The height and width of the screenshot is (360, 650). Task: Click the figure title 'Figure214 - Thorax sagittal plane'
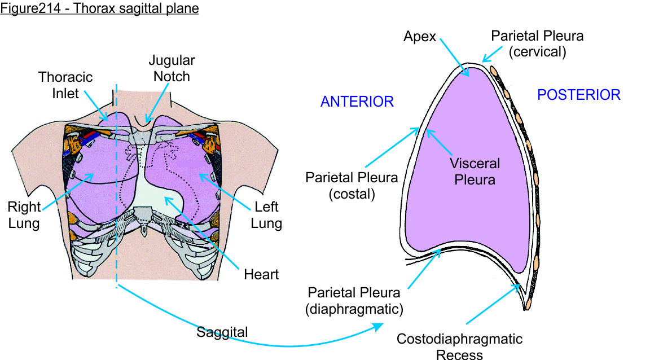click(x=99, y=10)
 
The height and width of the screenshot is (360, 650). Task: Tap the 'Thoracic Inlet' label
click(x=65, y=85)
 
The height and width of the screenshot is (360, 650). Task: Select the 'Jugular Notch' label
click(x=172, y=68)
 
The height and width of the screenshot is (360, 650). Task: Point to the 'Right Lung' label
click(x=24, y=214)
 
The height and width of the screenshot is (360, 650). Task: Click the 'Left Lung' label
click(x=266, y=215)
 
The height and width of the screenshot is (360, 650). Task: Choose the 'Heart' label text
click(x=261, y=275)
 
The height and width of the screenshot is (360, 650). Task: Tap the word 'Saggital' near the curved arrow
click(x=222, y=332)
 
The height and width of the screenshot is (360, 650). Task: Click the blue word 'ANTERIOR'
click(x=357, y=102)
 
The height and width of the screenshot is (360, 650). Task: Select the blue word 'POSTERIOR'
click(x=578, y=95)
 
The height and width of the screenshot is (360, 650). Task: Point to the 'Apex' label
click(x=419, y=37)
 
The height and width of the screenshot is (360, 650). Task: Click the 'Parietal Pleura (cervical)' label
click(x=537, y=43)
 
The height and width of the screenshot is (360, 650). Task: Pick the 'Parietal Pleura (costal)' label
click(x=352, y=186)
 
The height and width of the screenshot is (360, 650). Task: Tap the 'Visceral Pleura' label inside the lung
click(x=475, y=172)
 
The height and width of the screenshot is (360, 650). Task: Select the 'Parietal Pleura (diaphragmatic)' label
click(x=354, y=301)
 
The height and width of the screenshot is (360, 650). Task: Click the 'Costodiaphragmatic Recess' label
click(x=459, y=346)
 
